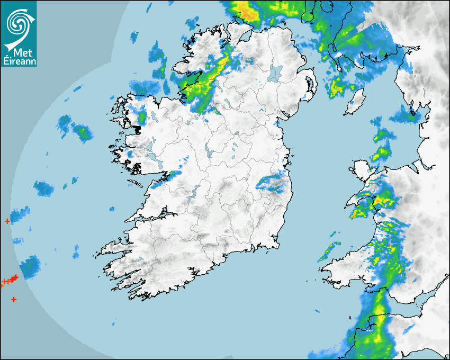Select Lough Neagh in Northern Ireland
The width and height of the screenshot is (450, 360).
coord(275,73)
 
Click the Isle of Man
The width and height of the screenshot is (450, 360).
coord(355,102)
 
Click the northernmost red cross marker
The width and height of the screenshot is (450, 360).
coord(7,221)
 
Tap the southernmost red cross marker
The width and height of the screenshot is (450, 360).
coord(14,300)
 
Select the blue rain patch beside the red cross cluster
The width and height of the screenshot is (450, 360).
coord(31,266)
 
